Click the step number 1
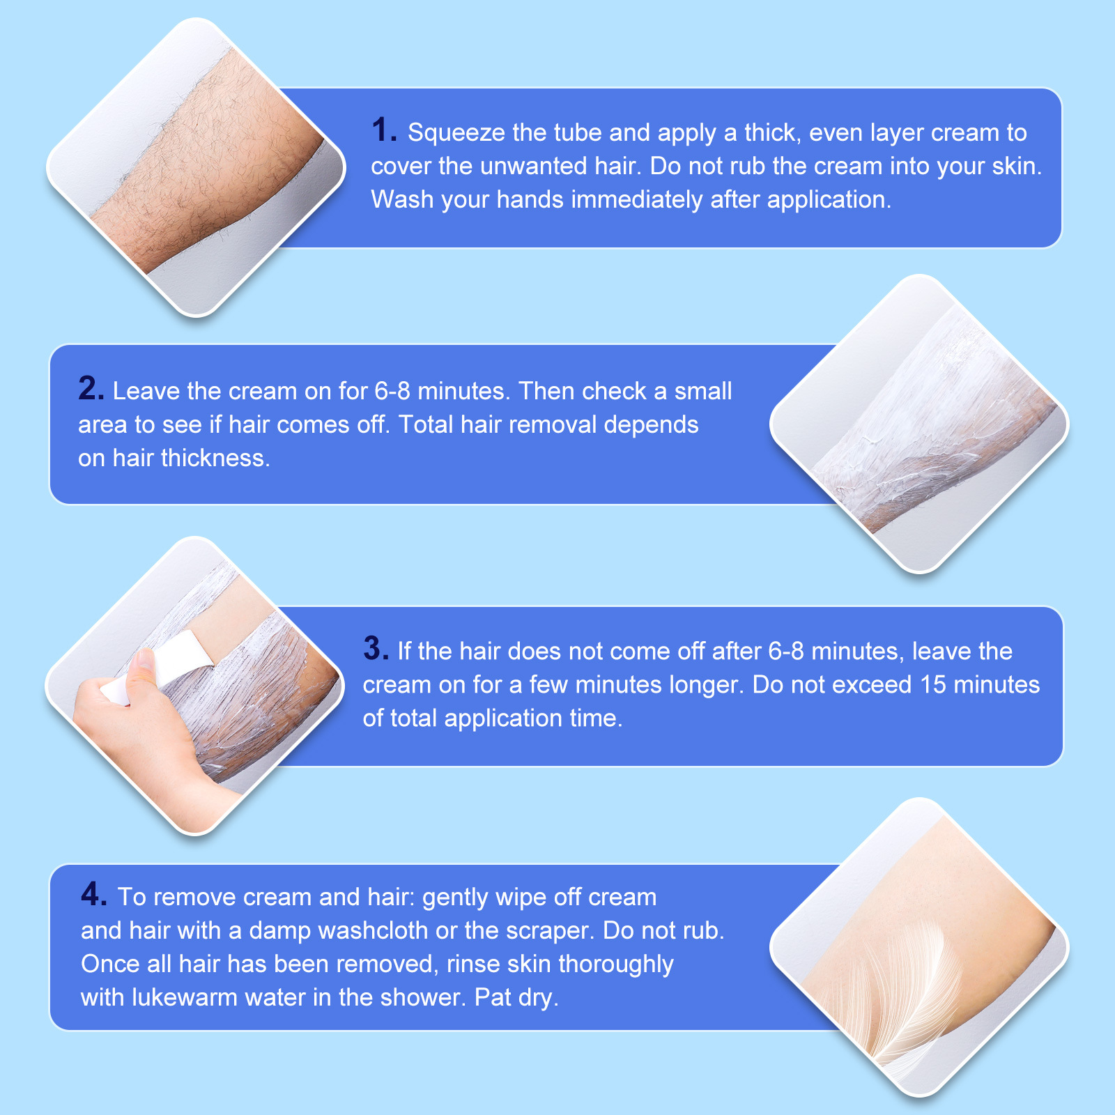pyautogui.click(x=384, y=130)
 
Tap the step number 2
pyautogui.click(x=91, y=388)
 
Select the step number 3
pyautogui.click(x=376, y=648)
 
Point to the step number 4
pyautogui.click(x=94, y=894)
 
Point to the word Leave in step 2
pyautogui.click(x=146, y=392)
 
